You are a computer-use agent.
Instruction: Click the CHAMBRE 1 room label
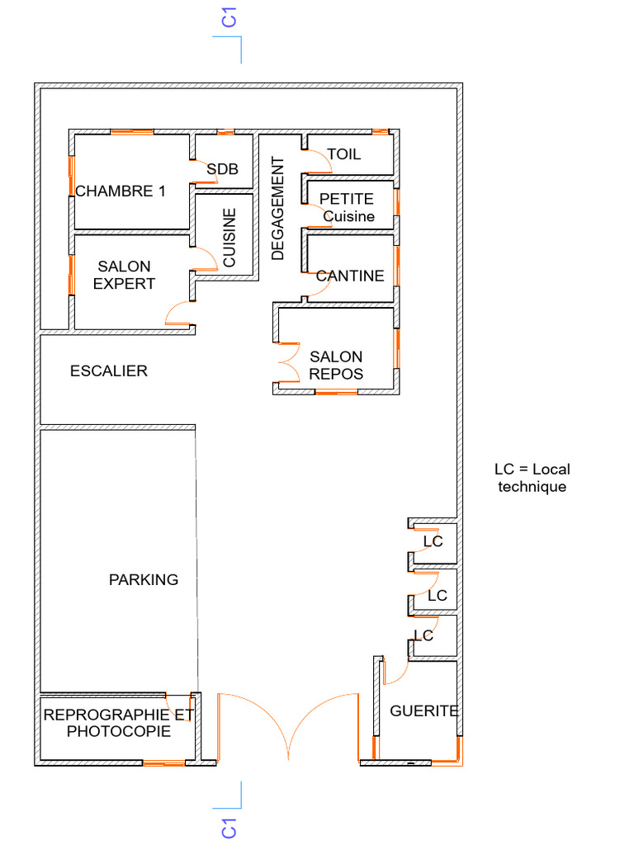pyautogui.click(x=121, y=191)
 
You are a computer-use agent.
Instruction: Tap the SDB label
pyautogui.click(x=222, y=169)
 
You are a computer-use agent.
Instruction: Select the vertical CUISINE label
pyautogui.click(x=229, y=237)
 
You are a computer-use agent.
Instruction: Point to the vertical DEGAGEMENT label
pyautogui.click(x=277, y=208)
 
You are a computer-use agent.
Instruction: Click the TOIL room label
pyautogui.click(x=343, y=154)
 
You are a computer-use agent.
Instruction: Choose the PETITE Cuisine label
pyautogui.click(x=348, y=208)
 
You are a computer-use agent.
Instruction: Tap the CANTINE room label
pyautogui.click(x=350, y=276)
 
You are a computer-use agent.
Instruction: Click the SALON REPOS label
pyautogui.click(x=336, y=365)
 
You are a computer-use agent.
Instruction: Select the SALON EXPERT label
pyautogui.click(x=124, y=275)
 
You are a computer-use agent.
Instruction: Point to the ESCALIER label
pyautogui.click(x=109, y=371)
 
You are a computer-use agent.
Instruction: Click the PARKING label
pyautogui.click(x=144, y=580)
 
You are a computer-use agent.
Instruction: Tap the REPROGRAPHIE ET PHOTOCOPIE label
pyautogui.click(x=119, y=723)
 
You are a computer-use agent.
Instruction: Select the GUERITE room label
pyautogui.click(x=423, y=710)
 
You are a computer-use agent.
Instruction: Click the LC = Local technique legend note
pyautogui.click(x=532, y=478)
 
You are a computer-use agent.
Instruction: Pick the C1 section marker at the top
pyautogui.click(x=230, y=18)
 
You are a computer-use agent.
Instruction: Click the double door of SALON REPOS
pyautogui.click(x=287, y=361)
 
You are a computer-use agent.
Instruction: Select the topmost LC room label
pyautogui.click(x=433, y=541)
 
